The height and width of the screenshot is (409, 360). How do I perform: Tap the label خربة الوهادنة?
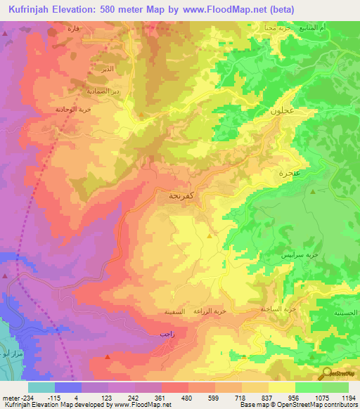tap(74, 110)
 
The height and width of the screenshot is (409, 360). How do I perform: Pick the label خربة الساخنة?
tap(271, 309)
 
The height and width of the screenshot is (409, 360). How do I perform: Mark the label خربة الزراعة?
tap(210, 310)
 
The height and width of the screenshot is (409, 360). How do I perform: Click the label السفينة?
tap(173, 310)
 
